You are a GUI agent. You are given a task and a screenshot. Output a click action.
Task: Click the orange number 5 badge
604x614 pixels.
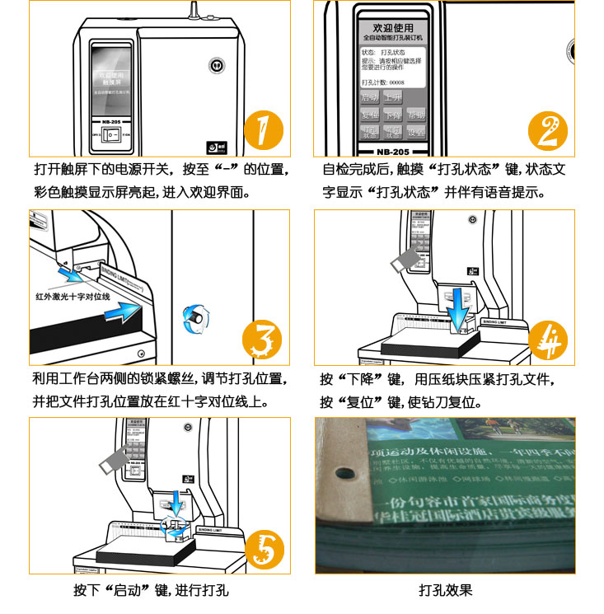coord(263,548)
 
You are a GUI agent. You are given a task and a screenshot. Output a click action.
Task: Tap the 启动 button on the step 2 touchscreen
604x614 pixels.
coord(370,97)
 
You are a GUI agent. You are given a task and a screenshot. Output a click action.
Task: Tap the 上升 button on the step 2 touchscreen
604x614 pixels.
coord(394,97)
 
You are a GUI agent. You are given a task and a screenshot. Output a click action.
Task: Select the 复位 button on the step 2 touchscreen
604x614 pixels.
coord(370,115)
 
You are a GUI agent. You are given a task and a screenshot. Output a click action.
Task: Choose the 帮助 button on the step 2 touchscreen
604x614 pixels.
coord(417,115)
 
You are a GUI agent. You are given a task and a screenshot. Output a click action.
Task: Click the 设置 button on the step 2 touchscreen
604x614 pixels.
coord(417,132)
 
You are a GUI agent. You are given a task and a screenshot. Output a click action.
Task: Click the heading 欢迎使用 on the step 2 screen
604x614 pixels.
coord(387,27)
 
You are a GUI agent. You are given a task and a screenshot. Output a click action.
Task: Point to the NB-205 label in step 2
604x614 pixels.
coord(388,152)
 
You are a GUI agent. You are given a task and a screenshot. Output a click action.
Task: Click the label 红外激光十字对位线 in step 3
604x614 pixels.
coord(73,294)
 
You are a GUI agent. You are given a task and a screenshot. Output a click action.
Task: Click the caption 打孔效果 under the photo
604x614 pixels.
coord(445,590)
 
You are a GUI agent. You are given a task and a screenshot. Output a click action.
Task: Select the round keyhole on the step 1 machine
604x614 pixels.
coord(216,65)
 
